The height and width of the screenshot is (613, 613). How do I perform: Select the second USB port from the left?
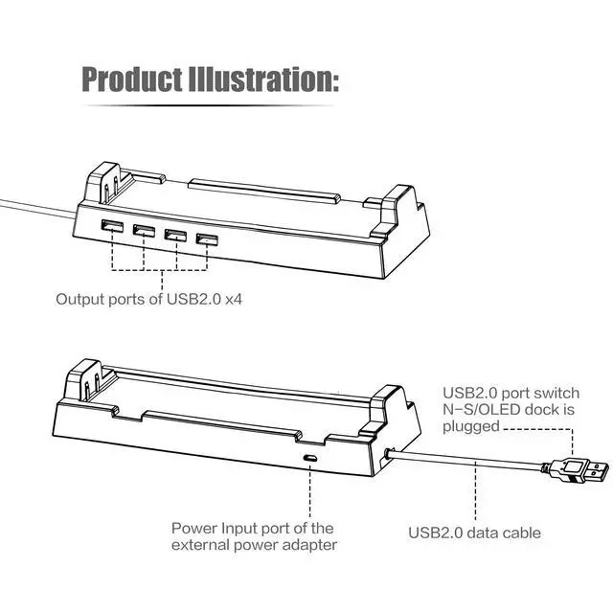coord(145,233)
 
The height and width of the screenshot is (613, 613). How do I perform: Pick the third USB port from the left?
coord(175,236)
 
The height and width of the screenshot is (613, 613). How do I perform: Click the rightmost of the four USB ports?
coord(205,238)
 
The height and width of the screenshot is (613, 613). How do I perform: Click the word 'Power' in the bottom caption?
coord(192,528)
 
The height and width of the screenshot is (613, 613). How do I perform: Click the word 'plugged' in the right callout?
coord(471,426)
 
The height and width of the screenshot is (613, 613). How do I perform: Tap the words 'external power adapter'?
coord(253,546)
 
